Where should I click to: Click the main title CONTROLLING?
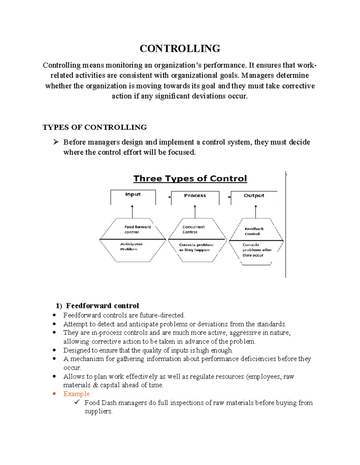(180, 49)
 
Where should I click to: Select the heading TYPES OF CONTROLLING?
(94, 127)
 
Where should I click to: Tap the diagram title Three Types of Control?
(190, 178)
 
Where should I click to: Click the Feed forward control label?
(137, 229)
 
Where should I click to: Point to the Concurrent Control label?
(193, 229)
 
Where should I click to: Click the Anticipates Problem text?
(131, 246)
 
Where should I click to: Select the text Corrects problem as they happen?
(196, 247)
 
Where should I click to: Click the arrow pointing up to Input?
(132, 211)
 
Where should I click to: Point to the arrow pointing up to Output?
(256, 211)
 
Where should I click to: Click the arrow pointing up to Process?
(195, 211)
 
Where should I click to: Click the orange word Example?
(76, 394)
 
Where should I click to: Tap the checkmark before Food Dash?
(77, 402)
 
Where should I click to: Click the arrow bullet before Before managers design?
(56, 142)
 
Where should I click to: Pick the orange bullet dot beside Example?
(54, 394)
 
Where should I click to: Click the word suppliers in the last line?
(98, 411)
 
